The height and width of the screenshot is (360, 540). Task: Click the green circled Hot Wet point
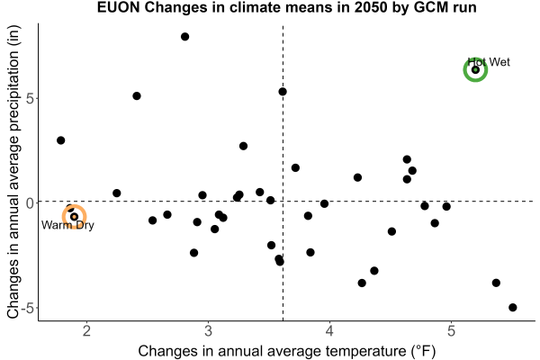[x=475, y=70]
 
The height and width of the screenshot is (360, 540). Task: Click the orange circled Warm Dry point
[x=74, y=217]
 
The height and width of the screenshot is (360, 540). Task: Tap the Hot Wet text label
[x=489, y=62]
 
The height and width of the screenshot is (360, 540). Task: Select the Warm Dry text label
[x=67, y=225]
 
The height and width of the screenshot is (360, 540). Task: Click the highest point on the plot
[x=184, y=37]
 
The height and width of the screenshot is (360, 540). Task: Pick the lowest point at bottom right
[x=513, y=307]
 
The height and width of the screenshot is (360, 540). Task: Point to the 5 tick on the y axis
[x=30, y=98]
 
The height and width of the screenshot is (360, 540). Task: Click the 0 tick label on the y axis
[x=30, y=202]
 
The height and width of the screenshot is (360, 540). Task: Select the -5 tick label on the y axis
[x=28, y=308]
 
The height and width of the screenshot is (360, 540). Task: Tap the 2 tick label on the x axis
[x=86, y=331]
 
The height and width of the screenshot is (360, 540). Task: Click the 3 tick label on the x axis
[x=208, y=331]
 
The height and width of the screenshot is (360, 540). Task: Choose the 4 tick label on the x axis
[x=329, y=331]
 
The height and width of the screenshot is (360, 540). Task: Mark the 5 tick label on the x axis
[x=451, y=331]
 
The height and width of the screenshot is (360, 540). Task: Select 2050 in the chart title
[x=371, y=7]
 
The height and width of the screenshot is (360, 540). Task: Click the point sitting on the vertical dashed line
[x=283, y=92]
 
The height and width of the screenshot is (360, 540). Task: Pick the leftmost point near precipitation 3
[x=61, y=140]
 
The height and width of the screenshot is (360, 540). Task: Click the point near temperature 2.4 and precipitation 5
[x=137, y=95]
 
